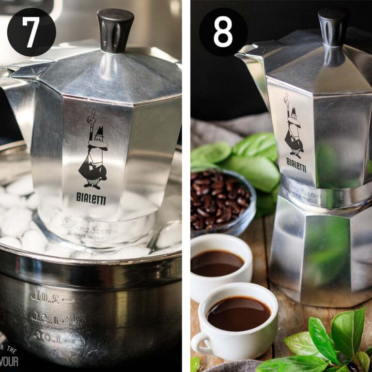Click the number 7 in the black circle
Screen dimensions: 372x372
click(31, 32)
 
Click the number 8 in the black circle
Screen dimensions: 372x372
click(223, 32)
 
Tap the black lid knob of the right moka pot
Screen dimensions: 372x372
click(333, 26)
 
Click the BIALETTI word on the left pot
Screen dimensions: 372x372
click(91, 197)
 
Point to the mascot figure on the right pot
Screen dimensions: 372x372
click(293, 127)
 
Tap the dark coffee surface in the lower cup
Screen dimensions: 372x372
click(239, 313)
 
